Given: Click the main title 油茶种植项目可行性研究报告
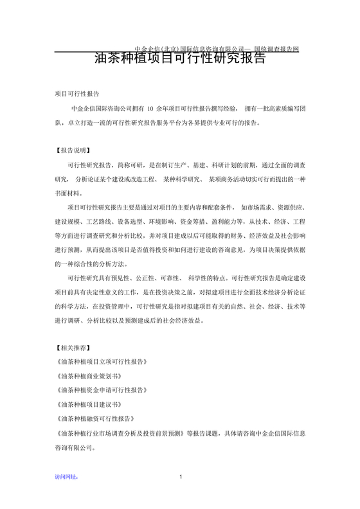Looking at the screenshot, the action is [x=179, y=59].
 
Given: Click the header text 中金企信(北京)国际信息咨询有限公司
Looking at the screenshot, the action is [x=191, y=49].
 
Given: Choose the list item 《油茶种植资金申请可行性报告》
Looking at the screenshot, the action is [x=102, y=390].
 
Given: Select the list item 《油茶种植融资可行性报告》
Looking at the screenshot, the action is [x=98, y=418].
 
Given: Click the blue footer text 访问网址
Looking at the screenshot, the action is [x=66, y=477].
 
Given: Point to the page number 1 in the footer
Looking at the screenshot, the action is [x=181, y=476].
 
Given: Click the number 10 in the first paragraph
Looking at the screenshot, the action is [x=150, y=108].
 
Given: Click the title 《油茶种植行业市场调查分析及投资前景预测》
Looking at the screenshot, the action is [x=121, y=433].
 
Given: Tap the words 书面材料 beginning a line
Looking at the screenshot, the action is [x=68, y=192].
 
